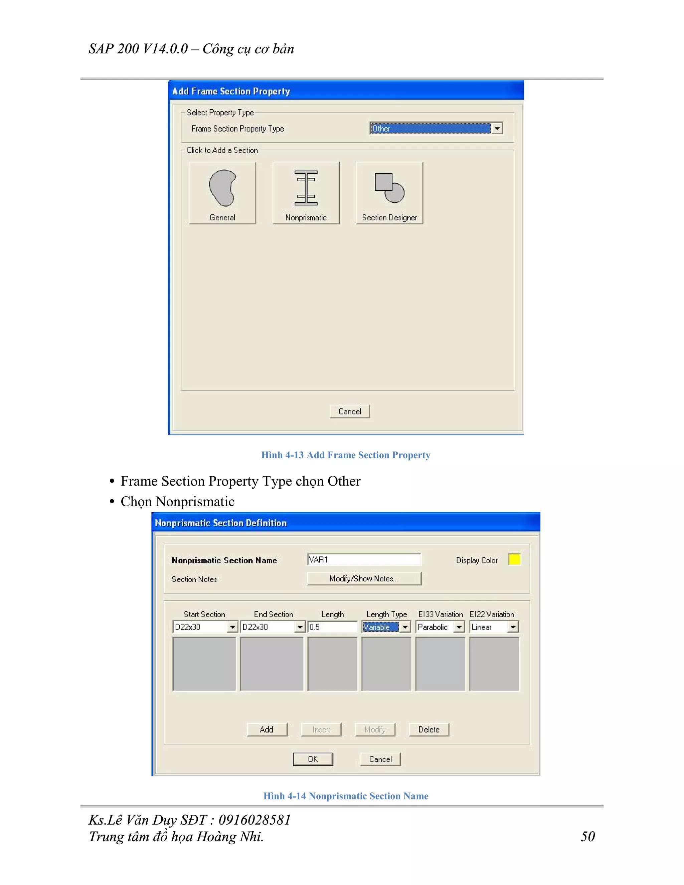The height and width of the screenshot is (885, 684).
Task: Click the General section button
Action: [x=222, y=193]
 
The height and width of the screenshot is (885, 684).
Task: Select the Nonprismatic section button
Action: [x=306, y=193]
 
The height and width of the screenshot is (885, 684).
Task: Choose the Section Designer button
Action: [x=389, y=193]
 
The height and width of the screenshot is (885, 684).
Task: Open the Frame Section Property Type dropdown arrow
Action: [x=497, y=129]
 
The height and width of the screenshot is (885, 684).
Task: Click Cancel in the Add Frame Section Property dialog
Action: [x=350, y=411]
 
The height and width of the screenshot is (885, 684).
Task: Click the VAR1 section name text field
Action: [x=364, y=560]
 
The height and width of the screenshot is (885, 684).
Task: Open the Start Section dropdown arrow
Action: [x=232, y=627]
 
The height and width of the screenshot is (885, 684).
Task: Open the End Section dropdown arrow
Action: [x=300, y=627]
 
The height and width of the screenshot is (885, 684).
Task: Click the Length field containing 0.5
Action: [x=332, y=627]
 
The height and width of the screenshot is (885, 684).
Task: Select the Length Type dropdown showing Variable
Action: [x=386, y=627]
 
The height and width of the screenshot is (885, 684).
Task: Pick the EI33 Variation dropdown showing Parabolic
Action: [x=440, y=627]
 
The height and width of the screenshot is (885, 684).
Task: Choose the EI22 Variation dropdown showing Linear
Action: [x=494, y=627]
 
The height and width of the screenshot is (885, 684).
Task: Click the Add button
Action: [x=267, y=729]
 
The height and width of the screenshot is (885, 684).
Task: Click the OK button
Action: [x=313, y=759]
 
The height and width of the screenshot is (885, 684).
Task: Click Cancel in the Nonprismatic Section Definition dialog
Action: [x=380, y=759]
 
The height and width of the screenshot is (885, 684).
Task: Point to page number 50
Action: [x=587, y=836]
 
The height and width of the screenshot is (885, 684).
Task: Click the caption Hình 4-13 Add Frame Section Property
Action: [x=346, y=455]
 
